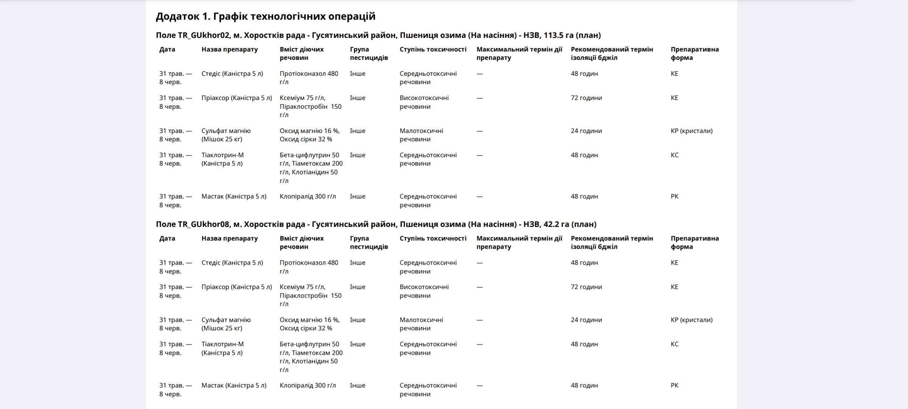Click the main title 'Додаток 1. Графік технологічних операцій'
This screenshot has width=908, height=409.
(x=266, y=16)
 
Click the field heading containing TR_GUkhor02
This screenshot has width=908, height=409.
(x=378, y=35)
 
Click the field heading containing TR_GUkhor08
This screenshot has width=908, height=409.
(x=376, y=224)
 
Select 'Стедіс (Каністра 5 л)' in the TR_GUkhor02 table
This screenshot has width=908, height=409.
(x=232, y=73)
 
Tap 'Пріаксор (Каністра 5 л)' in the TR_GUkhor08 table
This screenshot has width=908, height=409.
(x=236, y=287)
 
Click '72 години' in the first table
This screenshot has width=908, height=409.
(x=586, y=98)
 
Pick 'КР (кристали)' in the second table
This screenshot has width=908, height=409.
(x=691, y=320)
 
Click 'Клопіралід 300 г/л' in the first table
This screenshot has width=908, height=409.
(x=308, y=196)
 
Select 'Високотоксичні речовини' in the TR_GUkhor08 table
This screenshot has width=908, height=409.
(x=424, y=291)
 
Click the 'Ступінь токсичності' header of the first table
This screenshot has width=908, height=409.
(x=433, y=49)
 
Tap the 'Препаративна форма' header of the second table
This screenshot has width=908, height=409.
(x=694, y=242)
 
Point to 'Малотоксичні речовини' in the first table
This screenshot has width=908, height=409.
(x=421, y=135)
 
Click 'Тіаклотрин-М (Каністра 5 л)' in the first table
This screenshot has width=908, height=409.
(x=222, y=159)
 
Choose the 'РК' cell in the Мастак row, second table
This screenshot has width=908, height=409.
(x=674, y=385)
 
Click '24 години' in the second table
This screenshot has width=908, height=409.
(x=586, y=320)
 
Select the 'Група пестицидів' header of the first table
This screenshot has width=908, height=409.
(x=368, y=53)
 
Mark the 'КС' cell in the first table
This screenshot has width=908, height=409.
(x=674, y=155)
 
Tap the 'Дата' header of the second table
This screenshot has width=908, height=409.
(x=167, y=238)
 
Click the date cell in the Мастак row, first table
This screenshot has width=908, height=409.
(x=175, y=200)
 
